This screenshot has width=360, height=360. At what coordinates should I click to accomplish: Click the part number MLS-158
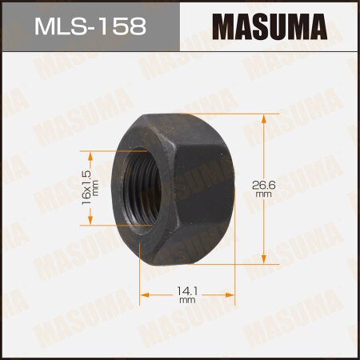(x=90, y=27)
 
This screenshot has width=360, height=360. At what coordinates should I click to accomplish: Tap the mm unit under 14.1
(x=186, y=302)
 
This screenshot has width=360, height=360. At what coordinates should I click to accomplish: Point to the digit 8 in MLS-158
(x=137, y=27)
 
